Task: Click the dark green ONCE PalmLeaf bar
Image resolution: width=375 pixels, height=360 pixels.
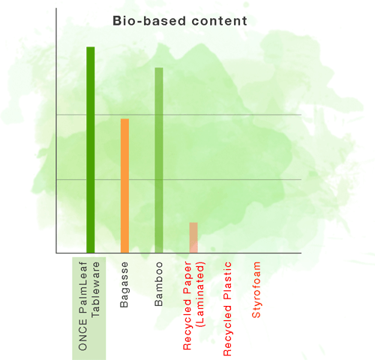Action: tap(91, 150)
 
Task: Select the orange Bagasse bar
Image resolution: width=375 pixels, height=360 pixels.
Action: tap(124, 186)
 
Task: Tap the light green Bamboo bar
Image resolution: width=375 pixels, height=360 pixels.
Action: tap(159, 160)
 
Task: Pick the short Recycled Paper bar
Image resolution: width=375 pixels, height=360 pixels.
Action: tap(193, 238)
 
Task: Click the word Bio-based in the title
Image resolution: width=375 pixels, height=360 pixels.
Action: tap(149, 21)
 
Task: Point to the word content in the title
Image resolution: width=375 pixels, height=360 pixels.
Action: tap(220, 21)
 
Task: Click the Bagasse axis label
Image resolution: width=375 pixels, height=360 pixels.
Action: tap(124, 284)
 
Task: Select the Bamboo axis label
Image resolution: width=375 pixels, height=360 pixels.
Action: tap(159, 284)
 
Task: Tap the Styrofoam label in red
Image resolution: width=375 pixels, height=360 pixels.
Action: tap(256, 289)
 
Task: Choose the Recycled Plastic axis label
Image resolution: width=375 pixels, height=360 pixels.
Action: tap(227, 309)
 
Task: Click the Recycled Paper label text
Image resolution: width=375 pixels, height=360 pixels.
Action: tap(187, 306)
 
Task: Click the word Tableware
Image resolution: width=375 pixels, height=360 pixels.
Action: tap(95, 289)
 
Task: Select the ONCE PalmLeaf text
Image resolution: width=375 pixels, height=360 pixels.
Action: tap(82, 306)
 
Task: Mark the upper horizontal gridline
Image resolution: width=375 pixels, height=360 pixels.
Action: tap(178, 115)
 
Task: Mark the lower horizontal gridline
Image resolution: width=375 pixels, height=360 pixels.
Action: tap(178, 179)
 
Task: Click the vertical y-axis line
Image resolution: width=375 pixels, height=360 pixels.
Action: tap(56, 130)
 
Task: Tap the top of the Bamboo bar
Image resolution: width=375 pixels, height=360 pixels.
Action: tap(159, 67)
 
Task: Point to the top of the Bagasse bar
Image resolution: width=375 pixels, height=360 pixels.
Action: tap(124, 119)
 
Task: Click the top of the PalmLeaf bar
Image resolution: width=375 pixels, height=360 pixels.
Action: tap(91, 47)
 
